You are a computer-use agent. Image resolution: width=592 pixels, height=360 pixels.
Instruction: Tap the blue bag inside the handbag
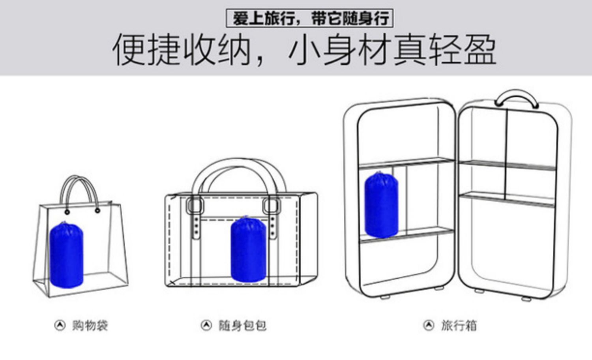[x=248, y=249]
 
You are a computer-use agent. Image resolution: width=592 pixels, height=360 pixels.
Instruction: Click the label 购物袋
[x=90, y=326]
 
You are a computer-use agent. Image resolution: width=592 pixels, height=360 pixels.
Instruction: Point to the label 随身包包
[x=243, y=326]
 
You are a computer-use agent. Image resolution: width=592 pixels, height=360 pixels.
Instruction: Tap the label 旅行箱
[x=459, y=326]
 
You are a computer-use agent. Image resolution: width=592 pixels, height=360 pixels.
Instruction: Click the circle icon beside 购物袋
[x=60, y=325]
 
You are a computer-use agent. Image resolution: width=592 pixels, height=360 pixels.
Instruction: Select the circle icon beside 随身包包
[x=206, y=325]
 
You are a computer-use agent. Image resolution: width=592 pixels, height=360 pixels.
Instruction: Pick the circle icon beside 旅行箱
[x=429, y=325]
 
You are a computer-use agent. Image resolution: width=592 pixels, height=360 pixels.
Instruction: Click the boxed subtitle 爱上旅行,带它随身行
[x=310, y=19]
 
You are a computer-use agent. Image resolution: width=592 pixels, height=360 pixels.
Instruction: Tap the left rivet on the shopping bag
[x=67, y=212]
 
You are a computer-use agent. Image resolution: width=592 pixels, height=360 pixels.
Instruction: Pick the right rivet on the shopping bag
[x=97, y=210]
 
